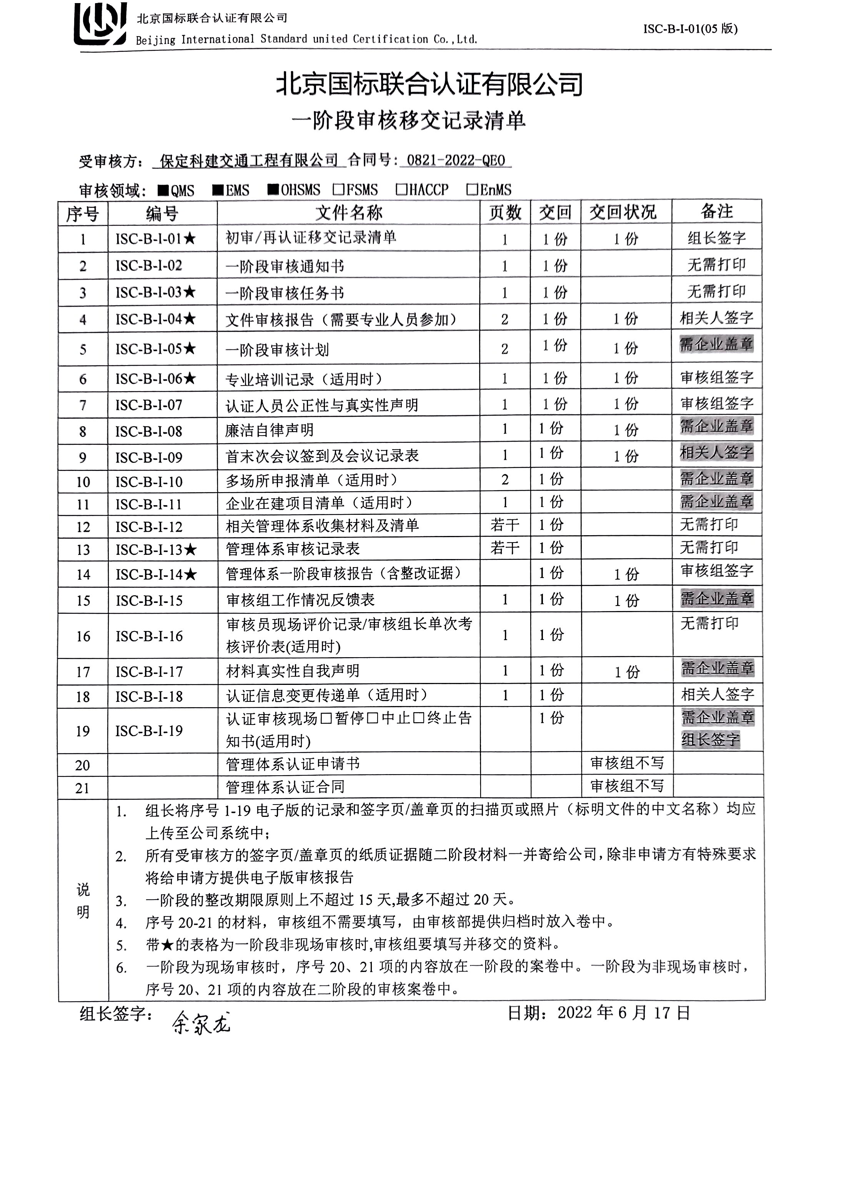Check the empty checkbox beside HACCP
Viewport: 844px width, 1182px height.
(401, 189)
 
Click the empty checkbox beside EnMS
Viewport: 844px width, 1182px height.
(472, 189)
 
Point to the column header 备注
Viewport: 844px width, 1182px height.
(716, 212)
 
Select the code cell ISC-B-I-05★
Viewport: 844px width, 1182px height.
(155, 349)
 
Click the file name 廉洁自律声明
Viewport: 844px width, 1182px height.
(269, 431)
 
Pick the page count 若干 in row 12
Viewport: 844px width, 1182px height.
(504, 525)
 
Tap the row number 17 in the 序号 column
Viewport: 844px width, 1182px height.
(83, 672)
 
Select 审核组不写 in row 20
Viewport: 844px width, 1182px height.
(627, 763)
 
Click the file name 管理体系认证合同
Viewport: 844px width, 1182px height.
(285, 787)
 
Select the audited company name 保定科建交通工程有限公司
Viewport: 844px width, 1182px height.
(248, 161)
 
